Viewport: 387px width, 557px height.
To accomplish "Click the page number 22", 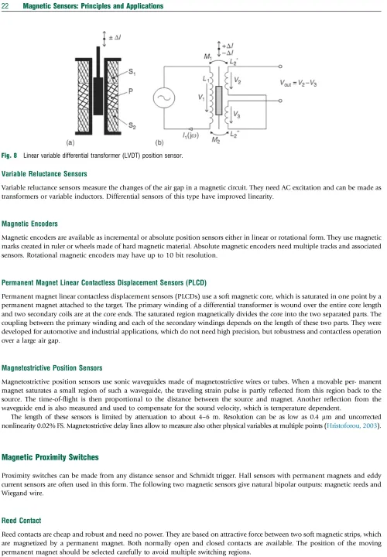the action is click(5, 6).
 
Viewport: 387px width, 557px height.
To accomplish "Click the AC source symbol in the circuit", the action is click(164, 97).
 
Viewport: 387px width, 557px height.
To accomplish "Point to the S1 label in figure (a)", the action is click(132, 72).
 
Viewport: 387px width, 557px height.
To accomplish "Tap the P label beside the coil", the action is click(131, 91).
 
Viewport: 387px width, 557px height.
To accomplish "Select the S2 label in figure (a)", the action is click(132, 125).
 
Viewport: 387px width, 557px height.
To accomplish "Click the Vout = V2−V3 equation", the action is click(298, 83).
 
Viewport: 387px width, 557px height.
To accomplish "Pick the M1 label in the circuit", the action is click(207, 56).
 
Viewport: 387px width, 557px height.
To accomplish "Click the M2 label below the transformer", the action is click(216, 140).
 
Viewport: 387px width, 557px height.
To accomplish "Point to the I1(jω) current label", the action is click(190, 135).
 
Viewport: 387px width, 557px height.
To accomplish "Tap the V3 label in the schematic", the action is click(237, 114).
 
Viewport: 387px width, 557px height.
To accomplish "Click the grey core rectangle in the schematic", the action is click(218, 100).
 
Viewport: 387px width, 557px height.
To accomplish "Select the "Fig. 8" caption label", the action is click(9, 155).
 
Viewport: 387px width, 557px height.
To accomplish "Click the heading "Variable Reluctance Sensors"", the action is click(44, 174).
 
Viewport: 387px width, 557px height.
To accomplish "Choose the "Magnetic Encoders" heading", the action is click(29, 224).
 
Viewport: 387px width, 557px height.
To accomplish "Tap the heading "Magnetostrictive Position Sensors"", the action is click(52, 368).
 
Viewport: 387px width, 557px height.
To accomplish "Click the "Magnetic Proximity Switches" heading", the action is click(50, 457).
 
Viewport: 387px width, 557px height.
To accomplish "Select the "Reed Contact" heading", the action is click(22, 521).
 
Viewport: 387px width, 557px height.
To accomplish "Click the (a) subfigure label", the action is click(70, 143).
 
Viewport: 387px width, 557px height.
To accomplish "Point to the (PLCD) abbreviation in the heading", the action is click(196, 283).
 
